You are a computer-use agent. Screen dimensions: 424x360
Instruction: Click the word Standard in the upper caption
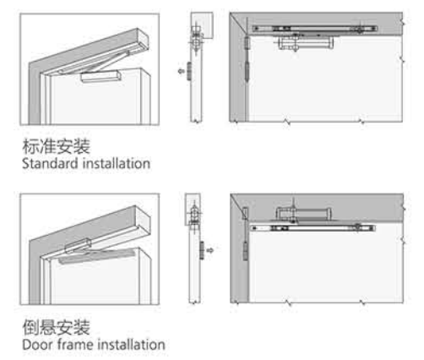(50, 164)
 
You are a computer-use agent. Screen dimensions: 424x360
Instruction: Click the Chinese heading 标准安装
(57, 146)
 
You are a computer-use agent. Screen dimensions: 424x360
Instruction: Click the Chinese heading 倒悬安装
(57, 327)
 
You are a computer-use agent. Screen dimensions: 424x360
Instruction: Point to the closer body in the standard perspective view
(101, 77)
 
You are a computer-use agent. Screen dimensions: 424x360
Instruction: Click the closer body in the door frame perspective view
(79, 246)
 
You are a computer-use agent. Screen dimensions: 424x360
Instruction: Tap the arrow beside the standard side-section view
(182, 70)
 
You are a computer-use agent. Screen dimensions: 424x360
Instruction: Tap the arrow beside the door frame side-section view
(210, 250)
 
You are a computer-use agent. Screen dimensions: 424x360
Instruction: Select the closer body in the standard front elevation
(306, 43)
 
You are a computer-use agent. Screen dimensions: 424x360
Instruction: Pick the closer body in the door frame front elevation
(303, 214)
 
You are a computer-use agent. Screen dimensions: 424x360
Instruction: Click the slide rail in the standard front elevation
(314, 29)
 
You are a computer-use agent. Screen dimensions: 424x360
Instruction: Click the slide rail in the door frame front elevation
(313, 227)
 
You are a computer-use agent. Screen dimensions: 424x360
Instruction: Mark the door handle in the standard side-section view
(189, 71)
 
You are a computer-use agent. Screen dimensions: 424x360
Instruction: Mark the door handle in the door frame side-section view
(202, 250)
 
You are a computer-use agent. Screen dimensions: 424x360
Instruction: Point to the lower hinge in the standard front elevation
(247, 73)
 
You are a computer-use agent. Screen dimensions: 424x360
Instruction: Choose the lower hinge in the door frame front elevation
(246, 251)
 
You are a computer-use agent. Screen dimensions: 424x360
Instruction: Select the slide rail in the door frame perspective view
(96, 257)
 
